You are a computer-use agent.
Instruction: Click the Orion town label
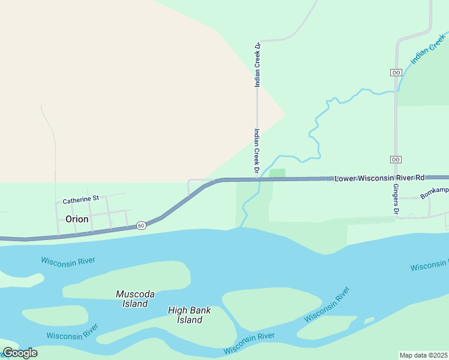pyautogui.click(x=77, y=219)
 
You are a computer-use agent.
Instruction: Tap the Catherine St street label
pyautogui.click(x=80, y=199)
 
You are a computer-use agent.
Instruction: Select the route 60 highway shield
pyautogui.click(x=140, y=225)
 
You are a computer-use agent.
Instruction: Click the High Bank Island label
pyautogui.click(x=189, y=315)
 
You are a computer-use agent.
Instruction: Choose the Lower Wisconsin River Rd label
pyautogui.click(x=379, y=178)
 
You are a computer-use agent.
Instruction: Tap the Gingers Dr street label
pyautogui.click(x=396, y=200)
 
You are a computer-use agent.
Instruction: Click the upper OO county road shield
pyautogui.click(x=396, y=72)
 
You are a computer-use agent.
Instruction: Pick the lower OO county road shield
pyautogui.click(x=396, y=160)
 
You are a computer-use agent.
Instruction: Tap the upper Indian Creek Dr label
pyautogui.click(x=258, y=65)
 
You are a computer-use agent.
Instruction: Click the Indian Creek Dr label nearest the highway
pyautogui.click(x=256, y=152)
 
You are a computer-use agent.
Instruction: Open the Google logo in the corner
pyautogui.click(x=20, y=353)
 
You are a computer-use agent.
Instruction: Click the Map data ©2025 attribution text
pyautogui.click(x=424, y=355)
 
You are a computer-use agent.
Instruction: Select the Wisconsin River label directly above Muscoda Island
pyautogui.click(x=68, y=261)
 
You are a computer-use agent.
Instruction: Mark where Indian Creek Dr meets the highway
pyautogui.click(x=257, y=179)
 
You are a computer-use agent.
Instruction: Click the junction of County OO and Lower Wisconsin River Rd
pyautogui.click(x=396, y=178)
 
